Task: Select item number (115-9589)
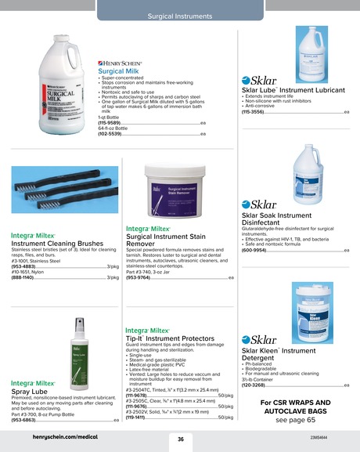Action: click(109, 123)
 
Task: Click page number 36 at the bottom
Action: click(180, 439)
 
